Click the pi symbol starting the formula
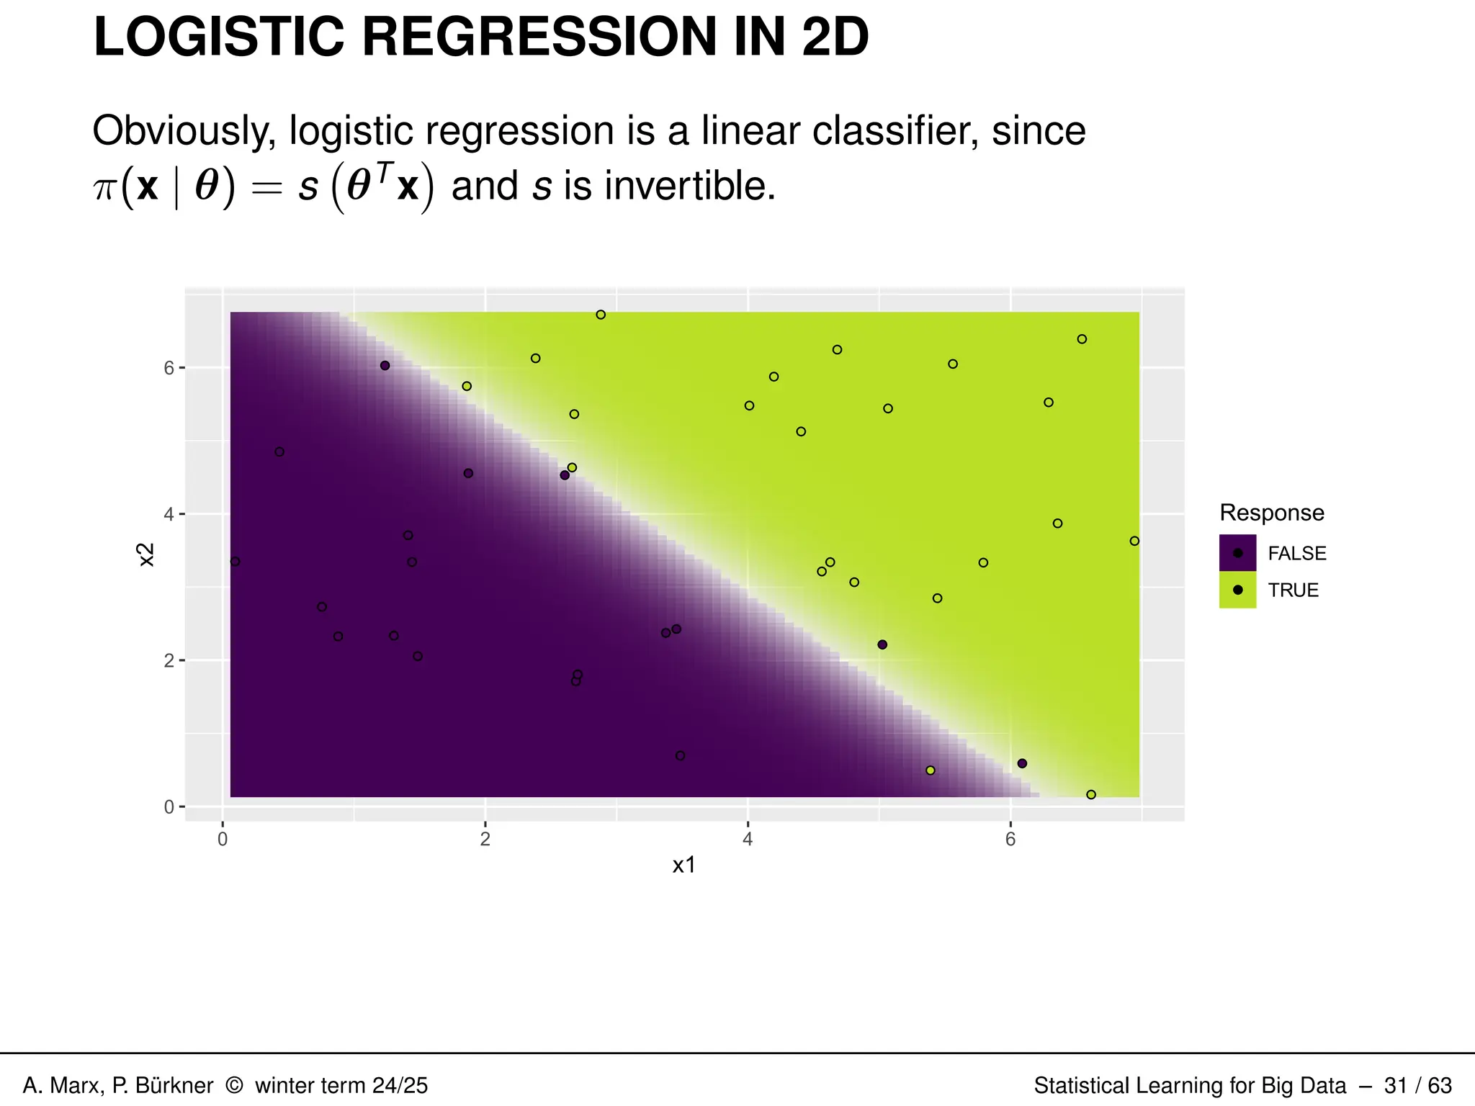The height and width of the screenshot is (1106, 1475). click(x=105, y=189)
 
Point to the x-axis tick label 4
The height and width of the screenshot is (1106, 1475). click(x=748, y=839)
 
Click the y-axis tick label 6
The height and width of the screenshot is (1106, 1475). click(x=169, y=368)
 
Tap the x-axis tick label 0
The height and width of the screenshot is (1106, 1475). click(x=223, y=839)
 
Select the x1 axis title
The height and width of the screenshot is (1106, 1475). click(x=683, y=866)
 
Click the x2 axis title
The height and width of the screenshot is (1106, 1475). click(x=146, y=554)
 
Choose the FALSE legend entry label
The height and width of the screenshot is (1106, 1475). click(x=1296, y=554)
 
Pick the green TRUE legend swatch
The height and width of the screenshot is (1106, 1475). click(x=1237, y=590)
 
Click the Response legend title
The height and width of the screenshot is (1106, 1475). click(x=1271, y=513)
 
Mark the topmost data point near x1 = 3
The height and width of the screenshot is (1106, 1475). click(x=601, y=315)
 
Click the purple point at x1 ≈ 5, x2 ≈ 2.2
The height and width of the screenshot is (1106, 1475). click(x=882, y=644)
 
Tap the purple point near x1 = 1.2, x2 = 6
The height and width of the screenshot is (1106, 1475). click(x=385, y=366)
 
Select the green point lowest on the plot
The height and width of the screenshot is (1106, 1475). click(x=1090, y=795)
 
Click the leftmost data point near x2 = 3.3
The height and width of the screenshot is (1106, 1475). click(x=235, y=562)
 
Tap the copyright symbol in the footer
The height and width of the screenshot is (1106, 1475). click(x=234, y=1085)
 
